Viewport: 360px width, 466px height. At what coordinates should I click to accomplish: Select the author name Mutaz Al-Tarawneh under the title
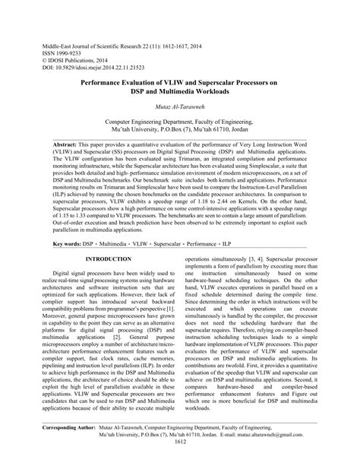point(180,107)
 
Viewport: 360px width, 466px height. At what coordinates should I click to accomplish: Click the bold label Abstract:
point(71,143)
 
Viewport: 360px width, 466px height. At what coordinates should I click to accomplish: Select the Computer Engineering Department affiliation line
point(180,121)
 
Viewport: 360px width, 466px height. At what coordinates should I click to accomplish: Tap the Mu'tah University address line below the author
point(180,129)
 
